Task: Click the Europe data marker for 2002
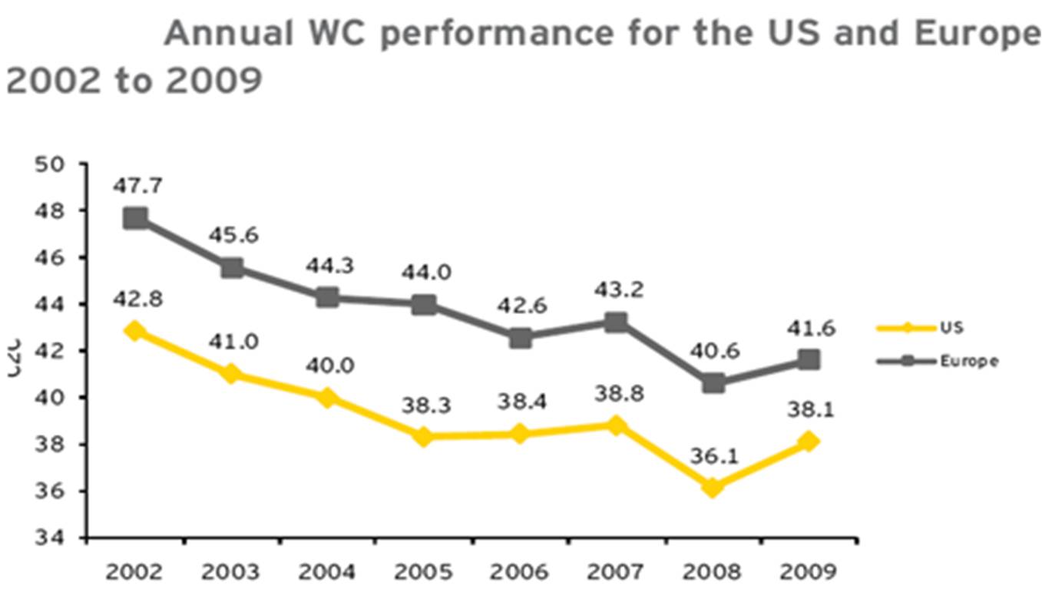point(136,218)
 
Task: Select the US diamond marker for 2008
point(713,488)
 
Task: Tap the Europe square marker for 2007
point(616,322)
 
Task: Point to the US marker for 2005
point(423,436)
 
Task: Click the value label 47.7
point(137,187)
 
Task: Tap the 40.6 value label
point(713,349)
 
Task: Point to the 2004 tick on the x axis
point(328,572)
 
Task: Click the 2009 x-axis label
point(808,572)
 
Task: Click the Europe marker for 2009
point(808,359)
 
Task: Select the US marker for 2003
point(231,374)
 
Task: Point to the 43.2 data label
point(616,290)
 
